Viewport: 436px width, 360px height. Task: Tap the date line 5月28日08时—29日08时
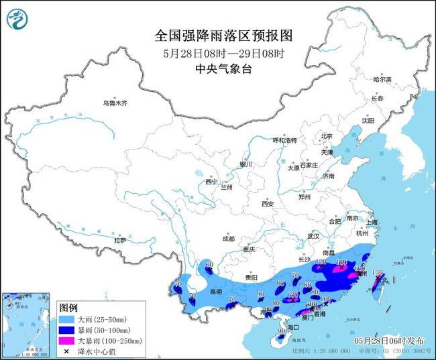click(219, 53)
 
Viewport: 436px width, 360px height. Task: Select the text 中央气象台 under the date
click(219, 69)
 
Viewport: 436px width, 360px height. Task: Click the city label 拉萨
click(121, 239)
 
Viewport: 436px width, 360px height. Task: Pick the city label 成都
click(227, 238)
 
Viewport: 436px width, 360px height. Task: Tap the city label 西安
click(268, 203)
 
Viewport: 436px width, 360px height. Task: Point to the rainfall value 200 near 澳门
click(311, 304)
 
